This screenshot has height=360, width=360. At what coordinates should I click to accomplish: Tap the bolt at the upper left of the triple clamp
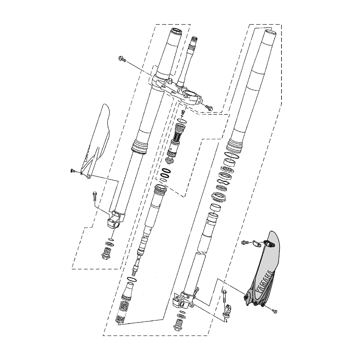[x=122, y=59]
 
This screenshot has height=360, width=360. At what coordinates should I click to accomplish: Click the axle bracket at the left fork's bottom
[x=116, y=220]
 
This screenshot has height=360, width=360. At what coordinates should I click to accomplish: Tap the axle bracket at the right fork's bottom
[x=184, y=300]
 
